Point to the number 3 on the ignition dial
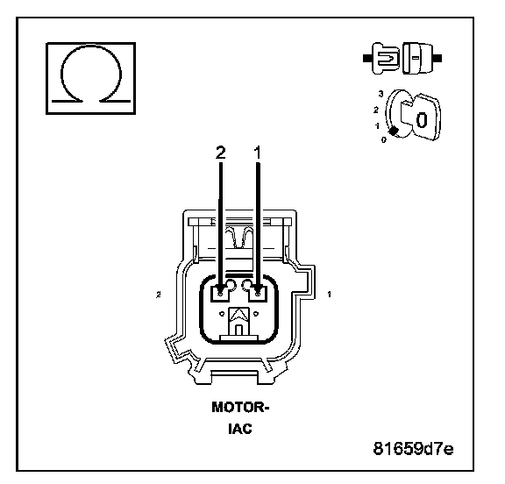point(381,94)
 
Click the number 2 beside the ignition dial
point(375,110)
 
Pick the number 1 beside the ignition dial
point(377,125)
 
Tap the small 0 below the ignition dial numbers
point(383,139)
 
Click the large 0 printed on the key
point(421,120)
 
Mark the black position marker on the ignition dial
point(394,131)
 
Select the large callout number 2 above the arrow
point(221,153)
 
